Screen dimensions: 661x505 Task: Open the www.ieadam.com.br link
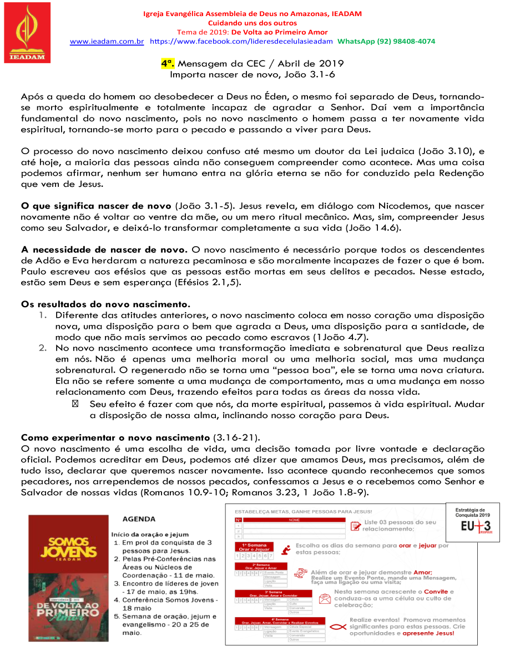[107, 42]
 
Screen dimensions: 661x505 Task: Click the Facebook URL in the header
[241, 42]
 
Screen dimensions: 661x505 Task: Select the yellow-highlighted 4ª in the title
[168, 63]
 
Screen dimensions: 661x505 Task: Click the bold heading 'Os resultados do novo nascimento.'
[105, 304]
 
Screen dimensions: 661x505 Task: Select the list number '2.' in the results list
[43, 348]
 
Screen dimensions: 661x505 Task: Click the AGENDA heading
[139, 520]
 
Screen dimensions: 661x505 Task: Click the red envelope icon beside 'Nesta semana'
[323, 598]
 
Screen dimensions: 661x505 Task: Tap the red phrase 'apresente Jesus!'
[428, 633]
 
